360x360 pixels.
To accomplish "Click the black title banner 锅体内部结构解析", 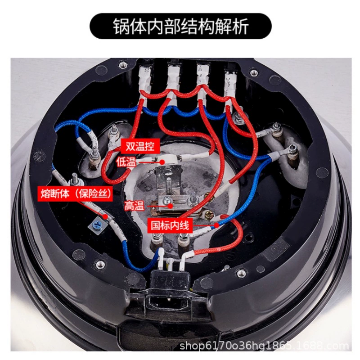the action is [x=180, y=26].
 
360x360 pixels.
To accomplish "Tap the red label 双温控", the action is [x=140, y=146].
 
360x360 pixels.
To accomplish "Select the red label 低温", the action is [x=126, y=162].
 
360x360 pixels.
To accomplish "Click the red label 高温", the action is [x=134, y=206].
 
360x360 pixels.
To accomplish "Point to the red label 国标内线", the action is [x=170, y=225].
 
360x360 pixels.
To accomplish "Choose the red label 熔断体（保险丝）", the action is [x=76, y=194].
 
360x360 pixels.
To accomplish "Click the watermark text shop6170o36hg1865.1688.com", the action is [x=264, y=346].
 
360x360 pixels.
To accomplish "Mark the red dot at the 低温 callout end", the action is [x=162, y=162].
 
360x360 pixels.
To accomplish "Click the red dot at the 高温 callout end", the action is [x=170, y=206].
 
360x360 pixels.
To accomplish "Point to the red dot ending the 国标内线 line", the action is [x=217, y=225].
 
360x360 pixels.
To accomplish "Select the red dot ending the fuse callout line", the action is [x=105, y=216].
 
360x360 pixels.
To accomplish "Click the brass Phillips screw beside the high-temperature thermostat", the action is [x=209, y=215].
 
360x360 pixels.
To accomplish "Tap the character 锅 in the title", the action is [x=121, y=26].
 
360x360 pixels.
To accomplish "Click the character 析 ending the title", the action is [x=240, y=26].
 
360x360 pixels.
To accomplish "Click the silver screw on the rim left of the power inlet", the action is [x=100, y=265].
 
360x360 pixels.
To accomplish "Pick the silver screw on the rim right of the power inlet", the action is [x=241, y=273].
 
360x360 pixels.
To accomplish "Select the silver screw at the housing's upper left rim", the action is [x=123, y=65].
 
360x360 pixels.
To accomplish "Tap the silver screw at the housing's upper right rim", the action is [x=253, y=73].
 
